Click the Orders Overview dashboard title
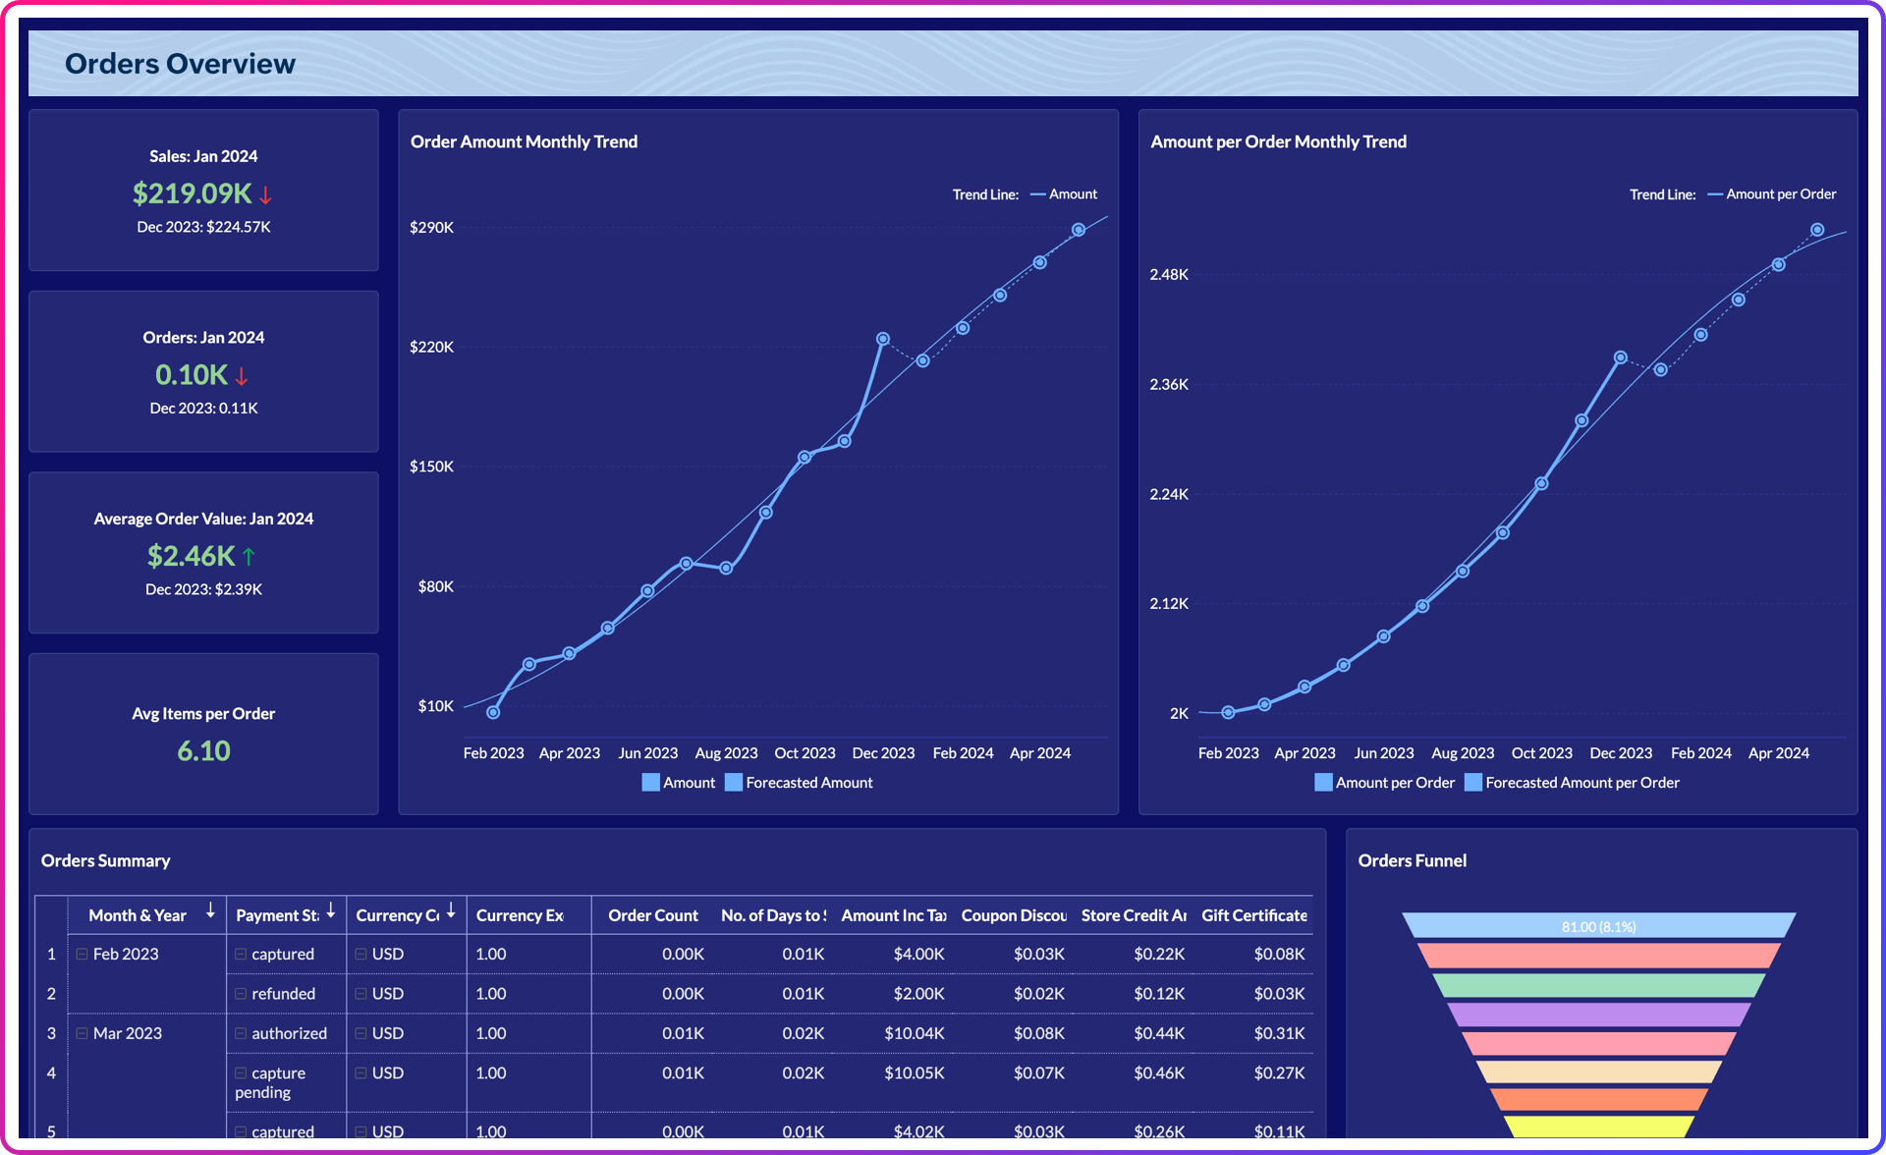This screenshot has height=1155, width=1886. click(x=180, y=64)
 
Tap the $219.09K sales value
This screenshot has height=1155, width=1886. click(x=192, y=193)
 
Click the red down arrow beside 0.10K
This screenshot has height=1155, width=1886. click(x=242, y=376)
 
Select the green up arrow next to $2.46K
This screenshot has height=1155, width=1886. click(x=249, y=557)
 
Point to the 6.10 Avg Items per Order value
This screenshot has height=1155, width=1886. click(x=203, y=751)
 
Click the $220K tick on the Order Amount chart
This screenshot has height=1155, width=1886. click(x=431, y=347)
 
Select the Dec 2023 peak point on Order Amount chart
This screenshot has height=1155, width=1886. click(x=883, y=339)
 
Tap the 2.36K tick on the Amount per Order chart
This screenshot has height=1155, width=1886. click(x=1169, y=384)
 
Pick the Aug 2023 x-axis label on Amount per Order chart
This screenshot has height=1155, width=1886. click(x=1462, y=753)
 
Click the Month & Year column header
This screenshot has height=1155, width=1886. click(x=138, y=915)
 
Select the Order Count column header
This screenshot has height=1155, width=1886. click(x=652, y=915)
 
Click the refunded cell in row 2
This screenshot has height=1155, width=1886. click(x=283, y=994)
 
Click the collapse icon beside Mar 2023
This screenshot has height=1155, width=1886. click(x=83, y=1033)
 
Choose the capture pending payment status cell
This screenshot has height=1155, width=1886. click(x=270, y=1082)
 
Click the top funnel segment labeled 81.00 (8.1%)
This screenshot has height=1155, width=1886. click(x=1598, y=926)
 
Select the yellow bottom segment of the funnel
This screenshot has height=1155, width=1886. click(x=1598, y=1127)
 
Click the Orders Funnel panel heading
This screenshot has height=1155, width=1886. click(x=1412, y=860)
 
